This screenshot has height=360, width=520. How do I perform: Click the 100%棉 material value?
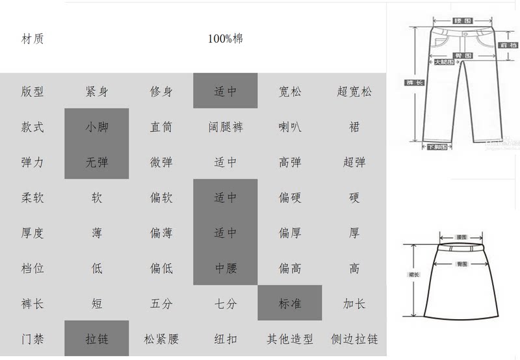[226, 38]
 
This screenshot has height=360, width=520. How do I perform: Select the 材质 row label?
[32, 38]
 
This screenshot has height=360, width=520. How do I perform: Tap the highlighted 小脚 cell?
[97, 127]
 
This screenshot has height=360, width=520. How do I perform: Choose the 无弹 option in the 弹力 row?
[97, 162]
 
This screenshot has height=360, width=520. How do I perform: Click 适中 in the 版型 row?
[226, 91]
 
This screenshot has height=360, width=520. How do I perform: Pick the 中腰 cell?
[226, 268]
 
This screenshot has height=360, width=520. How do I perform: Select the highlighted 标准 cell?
[290, 303]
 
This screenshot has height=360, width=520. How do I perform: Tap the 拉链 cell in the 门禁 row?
[97, 339]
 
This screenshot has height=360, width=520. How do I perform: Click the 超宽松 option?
[354, 91]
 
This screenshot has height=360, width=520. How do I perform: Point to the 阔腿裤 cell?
[226, 127]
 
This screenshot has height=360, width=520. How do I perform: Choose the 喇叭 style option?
[290, 127]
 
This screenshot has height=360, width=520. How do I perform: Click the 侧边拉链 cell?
[354, 339]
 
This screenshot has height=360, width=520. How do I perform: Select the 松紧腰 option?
[161, 339]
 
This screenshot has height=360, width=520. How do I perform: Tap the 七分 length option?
[226, 303]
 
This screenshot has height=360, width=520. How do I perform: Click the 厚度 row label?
[32, 233]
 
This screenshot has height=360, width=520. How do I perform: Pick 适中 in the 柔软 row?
[226, 197]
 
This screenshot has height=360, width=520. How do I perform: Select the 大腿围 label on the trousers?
[441, 62]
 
